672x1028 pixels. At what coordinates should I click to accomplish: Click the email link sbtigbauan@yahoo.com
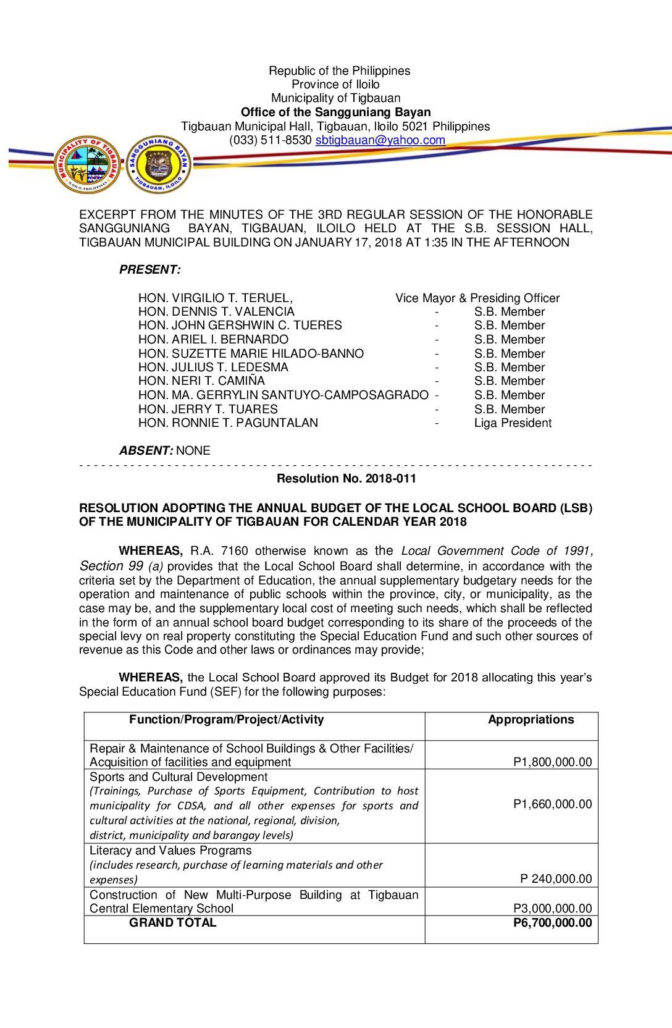380,140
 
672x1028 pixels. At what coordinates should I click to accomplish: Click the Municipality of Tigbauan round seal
87,164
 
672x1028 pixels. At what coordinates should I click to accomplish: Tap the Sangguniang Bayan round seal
159,164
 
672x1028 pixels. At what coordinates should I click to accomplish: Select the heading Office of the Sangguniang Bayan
335,112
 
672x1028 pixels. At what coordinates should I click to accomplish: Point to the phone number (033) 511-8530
270,140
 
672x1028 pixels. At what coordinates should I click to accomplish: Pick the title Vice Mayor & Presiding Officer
477,298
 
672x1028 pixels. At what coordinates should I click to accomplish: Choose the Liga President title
513,423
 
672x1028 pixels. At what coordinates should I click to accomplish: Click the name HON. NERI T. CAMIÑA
201,381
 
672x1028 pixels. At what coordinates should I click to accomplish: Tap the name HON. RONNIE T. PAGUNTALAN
228,423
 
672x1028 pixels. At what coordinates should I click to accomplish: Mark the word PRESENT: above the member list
150,270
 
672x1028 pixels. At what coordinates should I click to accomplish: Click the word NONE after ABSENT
193,451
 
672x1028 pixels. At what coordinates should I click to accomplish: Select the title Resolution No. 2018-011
346,479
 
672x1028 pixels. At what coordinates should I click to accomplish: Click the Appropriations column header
531,720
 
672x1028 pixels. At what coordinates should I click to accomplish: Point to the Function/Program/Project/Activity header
226,720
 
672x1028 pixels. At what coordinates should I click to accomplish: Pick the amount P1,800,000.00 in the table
552,762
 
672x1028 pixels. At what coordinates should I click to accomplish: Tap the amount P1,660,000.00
552,804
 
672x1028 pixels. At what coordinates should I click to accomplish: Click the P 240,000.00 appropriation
556,879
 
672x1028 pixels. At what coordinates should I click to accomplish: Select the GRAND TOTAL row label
172,923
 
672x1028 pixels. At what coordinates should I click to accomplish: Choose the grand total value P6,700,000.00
552,923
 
